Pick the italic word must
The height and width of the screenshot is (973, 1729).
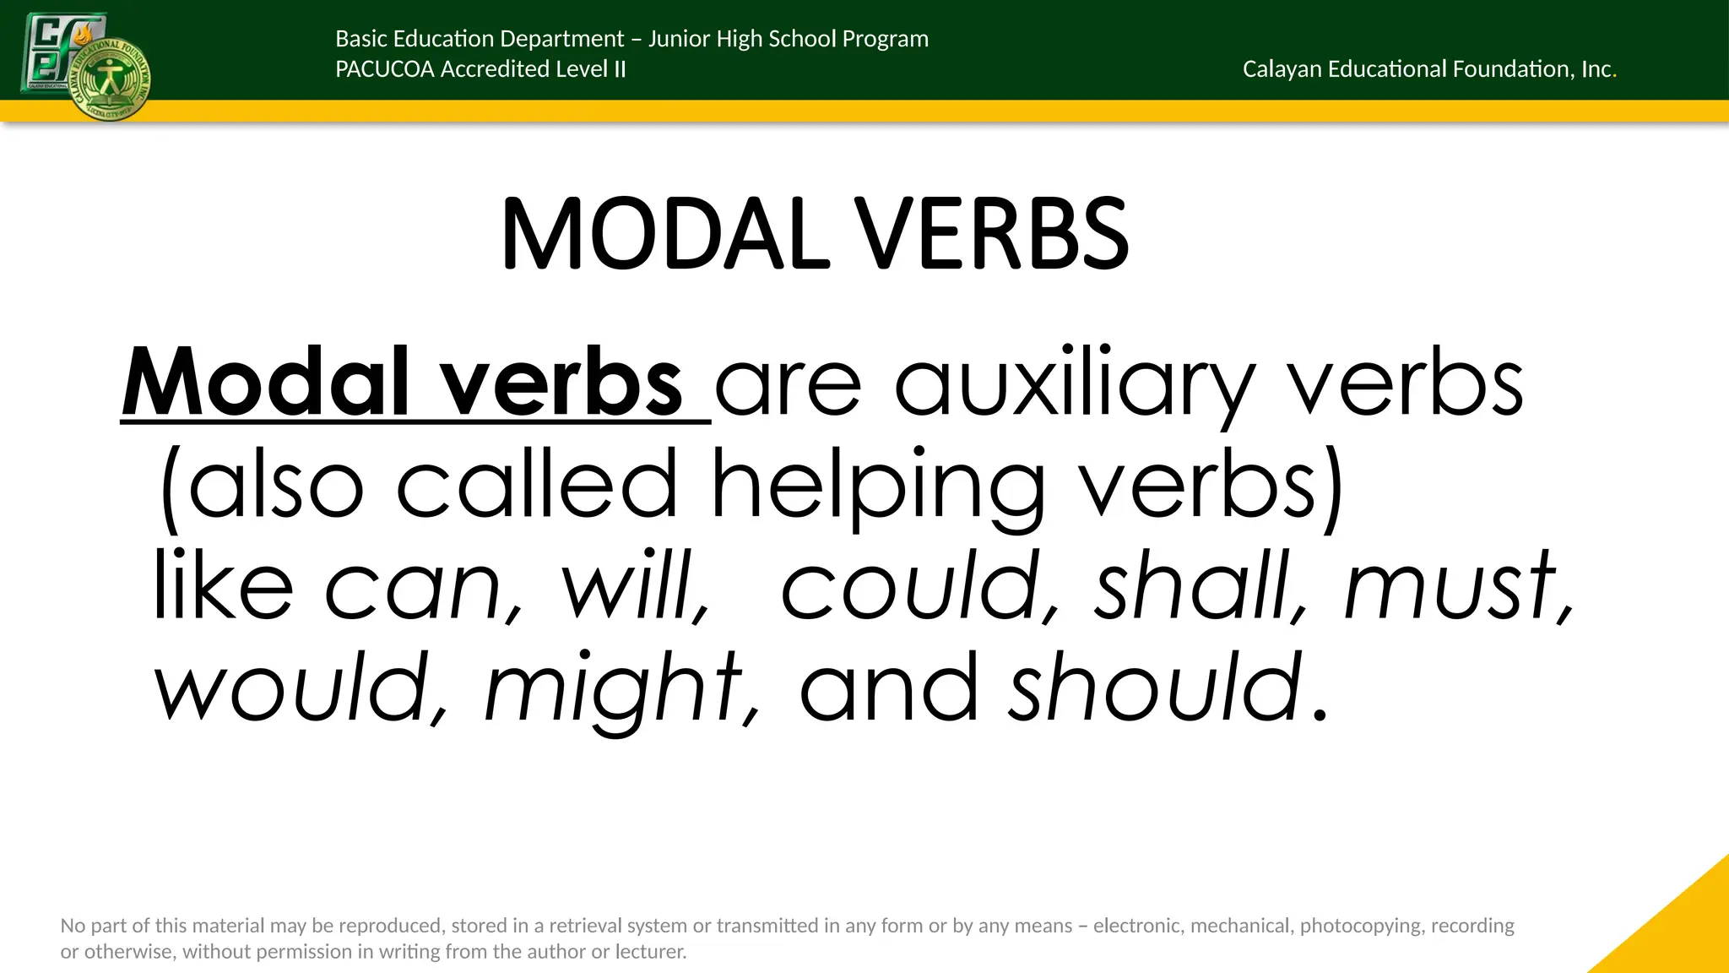coord(1451,585)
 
